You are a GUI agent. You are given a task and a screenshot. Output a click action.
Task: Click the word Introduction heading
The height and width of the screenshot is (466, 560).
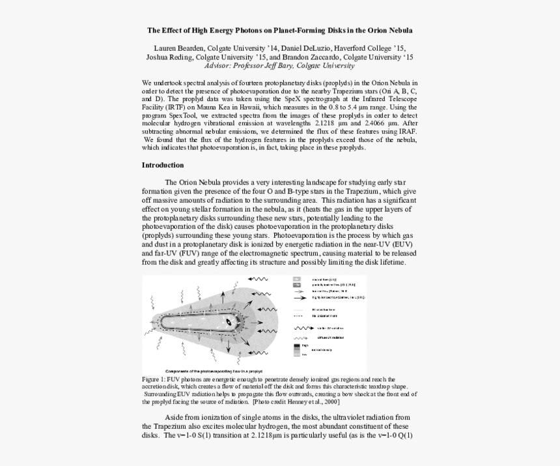163,166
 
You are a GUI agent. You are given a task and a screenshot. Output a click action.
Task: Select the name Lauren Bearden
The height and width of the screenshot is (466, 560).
177,48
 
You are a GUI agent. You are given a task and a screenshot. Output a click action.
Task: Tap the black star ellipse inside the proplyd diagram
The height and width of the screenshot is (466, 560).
229,322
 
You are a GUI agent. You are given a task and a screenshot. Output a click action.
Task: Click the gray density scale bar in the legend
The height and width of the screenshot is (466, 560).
297,350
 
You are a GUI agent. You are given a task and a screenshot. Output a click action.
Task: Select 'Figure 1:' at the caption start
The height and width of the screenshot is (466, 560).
154,379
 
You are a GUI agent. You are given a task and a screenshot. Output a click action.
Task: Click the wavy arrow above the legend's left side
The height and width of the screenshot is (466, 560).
260,278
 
